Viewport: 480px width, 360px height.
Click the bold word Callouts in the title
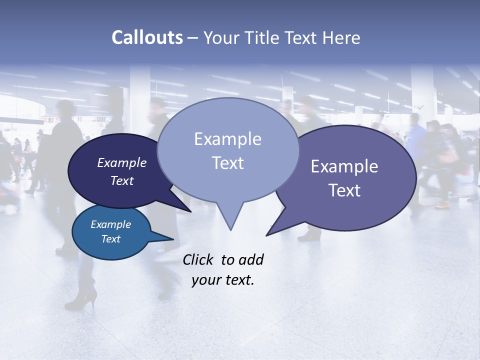click(147, 37)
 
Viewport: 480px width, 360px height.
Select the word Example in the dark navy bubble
click(122, 162)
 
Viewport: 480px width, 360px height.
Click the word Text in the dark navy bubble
click(122, 180)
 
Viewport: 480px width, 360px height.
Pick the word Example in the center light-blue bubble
click(227, 139)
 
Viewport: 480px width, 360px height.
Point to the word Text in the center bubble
click(227, 163)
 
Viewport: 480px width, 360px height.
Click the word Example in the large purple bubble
click(344, 166)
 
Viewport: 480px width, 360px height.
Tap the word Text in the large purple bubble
click(344, 190)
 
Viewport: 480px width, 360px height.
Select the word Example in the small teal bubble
click(110, 224)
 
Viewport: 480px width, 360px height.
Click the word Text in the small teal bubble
click(110, 239)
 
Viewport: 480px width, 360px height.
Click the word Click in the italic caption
click(199, 259)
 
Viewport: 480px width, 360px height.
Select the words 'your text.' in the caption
click(223, 280)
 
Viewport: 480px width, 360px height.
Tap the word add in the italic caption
click(250, 259)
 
